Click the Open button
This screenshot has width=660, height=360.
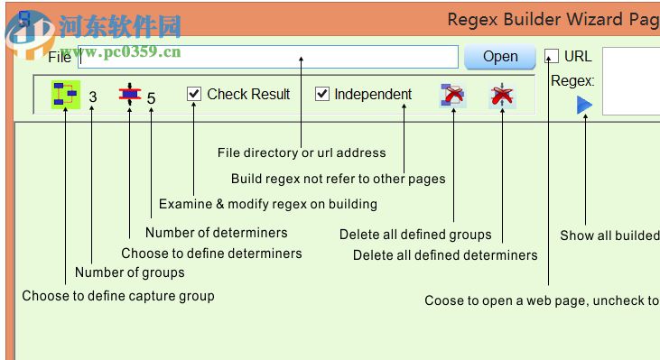click(x=499, y=57)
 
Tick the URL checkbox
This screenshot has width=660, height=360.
click(x=552, y=56)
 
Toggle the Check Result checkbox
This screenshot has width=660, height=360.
click(x=194, y=94)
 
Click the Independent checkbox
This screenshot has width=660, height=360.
click(x=322, y=94)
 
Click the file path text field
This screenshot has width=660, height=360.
click(x=267, y=58)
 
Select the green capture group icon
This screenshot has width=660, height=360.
click(x=65, y=95)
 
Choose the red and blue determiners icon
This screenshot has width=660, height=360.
click(x=130, y=95)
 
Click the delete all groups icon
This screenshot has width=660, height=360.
click(x=452, y=95)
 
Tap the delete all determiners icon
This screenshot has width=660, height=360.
click(x=501, y=95)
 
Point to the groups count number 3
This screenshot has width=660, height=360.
click(x=93, y=97)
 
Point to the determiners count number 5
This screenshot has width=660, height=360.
click(x=151, y=97)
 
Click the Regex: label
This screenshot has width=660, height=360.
click(x=572, y=80)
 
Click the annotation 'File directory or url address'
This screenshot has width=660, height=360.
click(x=302, y=152)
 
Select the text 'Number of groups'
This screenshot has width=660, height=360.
click(x=129, y=272)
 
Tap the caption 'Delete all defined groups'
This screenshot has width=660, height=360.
click(x=415, y=235)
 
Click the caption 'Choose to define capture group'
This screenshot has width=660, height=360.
click(x=118, y=295)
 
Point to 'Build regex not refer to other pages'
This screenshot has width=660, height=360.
click(x=338, y=179)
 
